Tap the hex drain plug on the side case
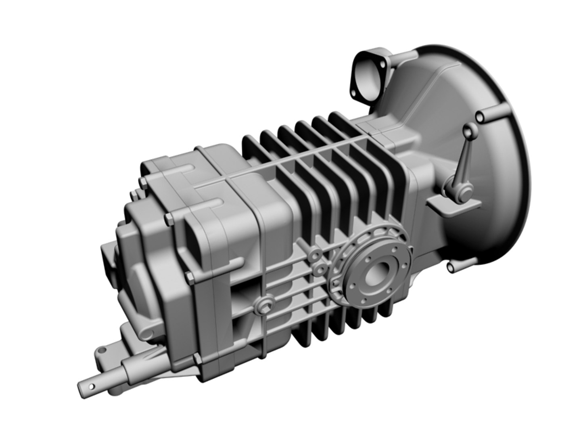coord(263,308)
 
